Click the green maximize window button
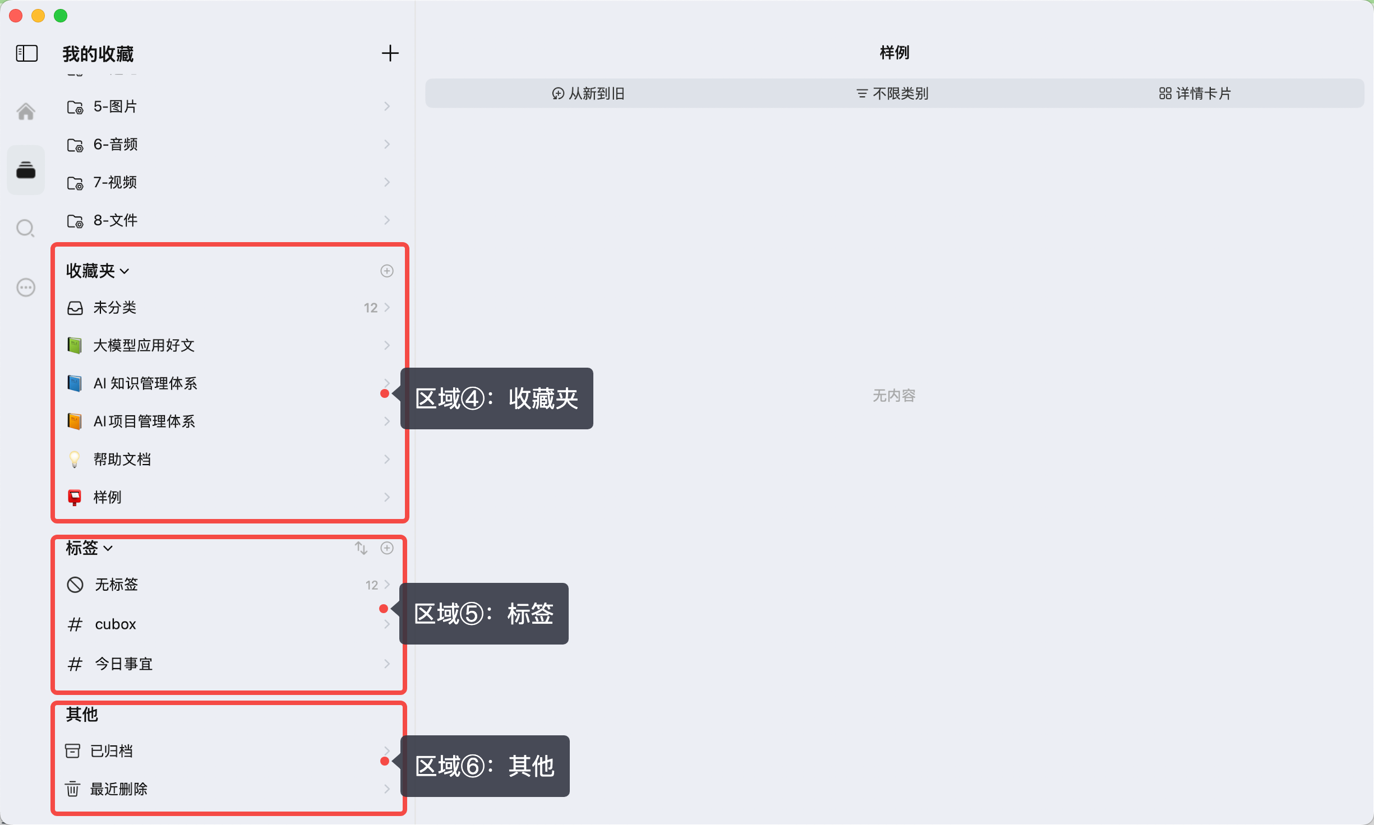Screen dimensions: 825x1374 (x=61, y=16)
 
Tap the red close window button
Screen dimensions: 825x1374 (x=16, y=16)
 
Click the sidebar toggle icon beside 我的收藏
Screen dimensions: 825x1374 (x=27, y=53)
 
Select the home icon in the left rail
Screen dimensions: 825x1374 (x=26, y=112)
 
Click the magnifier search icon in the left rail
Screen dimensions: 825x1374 (x=26, y=229)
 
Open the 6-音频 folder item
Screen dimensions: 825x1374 (x=116, y=145)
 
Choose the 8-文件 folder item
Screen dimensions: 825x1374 (x=116, y=220)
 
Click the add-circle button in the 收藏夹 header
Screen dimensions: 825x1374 (x=387, y=271)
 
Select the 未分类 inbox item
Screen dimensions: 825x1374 (x=115, y=308)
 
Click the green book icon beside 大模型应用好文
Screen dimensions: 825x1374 (x=75, y=345)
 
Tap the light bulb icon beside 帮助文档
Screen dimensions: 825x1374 (x=75, y=460)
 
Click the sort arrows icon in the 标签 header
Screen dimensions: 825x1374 (x=361, y=548)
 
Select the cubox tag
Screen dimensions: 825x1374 (x=116, y=624)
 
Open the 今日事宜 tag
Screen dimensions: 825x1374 (x=123, y=664)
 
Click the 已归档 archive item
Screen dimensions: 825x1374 (x=112, y=751)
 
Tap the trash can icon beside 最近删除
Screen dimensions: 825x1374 (x=73, y=789)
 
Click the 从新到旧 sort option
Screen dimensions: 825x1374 (x=588, y=94)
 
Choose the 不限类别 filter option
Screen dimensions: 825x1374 (x=893, y=94)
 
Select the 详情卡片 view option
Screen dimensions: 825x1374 (x=1195, y=94)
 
